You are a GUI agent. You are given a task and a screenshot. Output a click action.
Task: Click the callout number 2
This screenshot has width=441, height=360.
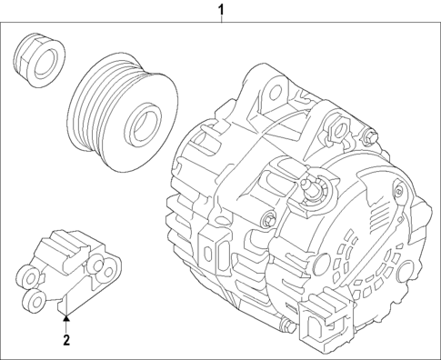(x=65, y=341)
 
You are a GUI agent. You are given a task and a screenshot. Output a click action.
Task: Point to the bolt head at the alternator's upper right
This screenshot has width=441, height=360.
(x=371, y=138)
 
